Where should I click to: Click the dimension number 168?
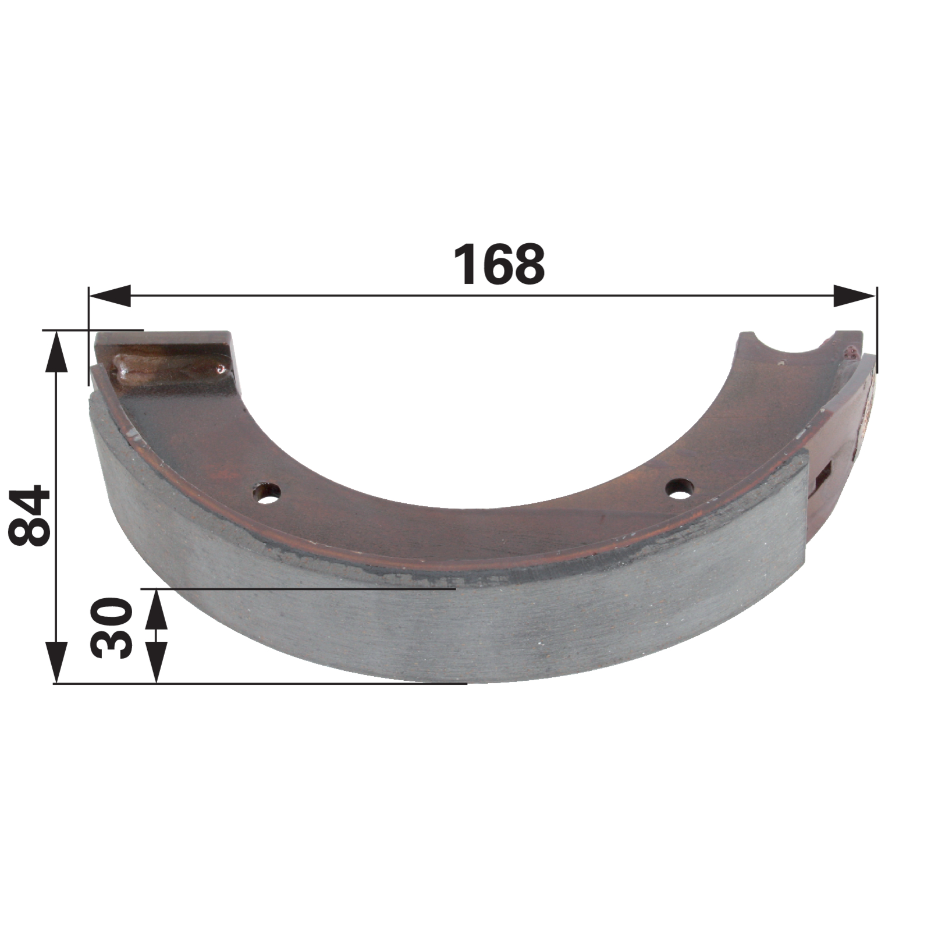pyautogui.click(x=499, y=265)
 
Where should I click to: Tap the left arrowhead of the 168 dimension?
pyautogui.click(x=109, y=296)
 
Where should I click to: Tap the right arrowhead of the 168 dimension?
pyautogui.click(x=854, y=296)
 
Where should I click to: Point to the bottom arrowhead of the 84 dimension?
pyautogui.click(x=56, y=662)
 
